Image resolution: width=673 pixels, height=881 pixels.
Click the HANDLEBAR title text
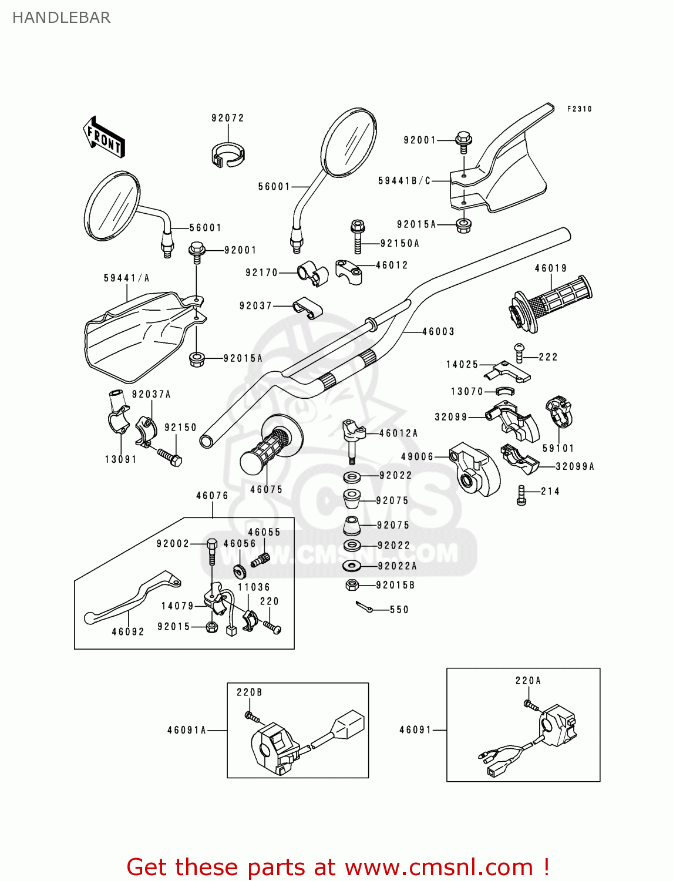tap(61, 18)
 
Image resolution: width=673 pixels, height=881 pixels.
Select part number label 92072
tap(228, 118)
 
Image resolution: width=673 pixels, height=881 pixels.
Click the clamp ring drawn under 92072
tap(227, 155)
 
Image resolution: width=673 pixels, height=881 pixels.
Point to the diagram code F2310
tap(579, 109)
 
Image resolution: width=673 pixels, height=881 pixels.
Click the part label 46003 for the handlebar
tap(438, 332)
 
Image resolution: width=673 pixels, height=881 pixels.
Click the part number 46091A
tap(187, 730)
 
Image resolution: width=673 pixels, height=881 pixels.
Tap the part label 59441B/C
tap(404, 181)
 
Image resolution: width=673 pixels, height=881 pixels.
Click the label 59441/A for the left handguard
tap(126, 278)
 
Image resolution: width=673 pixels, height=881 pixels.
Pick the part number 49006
tap(417, 457)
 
